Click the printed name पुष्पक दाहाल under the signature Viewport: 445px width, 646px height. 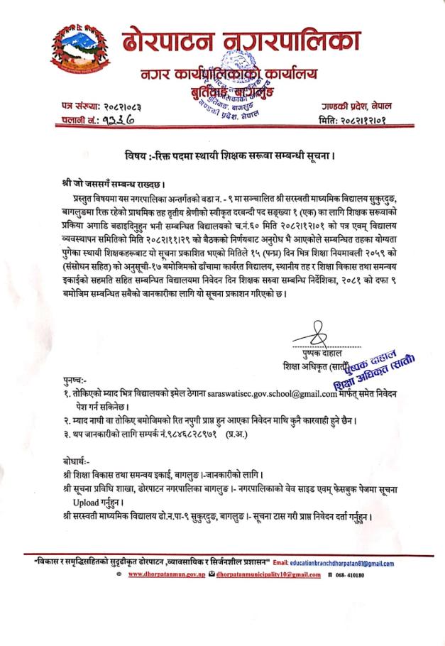(322, 352)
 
